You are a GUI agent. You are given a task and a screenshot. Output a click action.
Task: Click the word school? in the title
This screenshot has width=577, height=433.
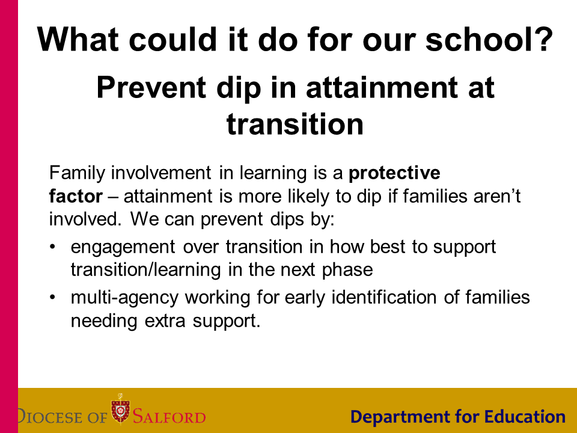pos(489,39)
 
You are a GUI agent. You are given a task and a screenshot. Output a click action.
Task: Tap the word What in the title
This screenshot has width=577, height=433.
pos(78,39)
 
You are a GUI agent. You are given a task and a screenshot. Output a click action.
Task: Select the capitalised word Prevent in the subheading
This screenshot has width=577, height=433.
pos(151,87)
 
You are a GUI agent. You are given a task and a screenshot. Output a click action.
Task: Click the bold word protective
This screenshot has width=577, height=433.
pos(394,173)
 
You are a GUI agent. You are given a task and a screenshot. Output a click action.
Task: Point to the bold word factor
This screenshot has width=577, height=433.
pos(76,196)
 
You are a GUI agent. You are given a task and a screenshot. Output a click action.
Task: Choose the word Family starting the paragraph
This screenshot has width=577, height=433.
pos(78,173)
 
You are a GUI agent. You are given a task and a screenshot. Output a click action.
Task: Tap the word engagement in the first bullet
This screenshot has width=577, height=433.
pos(123,247)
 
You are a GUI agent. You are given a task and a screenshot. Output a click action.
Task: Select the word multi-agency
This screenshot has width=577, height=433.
pos(125,298)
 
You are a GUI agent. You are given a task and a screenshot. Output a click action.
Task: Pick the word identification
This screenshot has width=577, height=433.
pos(384,297)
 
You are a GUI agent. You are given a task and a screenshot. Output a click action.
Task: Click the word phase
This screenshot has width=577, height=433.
pos(347,270)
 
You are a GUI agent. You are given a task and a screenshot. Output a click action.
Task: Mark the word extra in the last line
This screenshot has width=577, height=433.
pos(165,321)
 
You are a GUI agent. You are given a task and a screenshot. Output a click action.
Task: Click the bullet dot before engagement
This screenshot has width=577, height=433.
pos(53,247)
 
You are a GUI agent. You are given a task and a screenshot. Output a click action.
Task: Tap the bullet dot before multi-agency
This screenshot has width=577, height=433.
pos(53,296)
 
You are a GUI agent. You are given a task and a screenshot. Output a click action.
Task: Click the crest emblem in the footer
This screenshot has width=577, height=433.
pos(120,408)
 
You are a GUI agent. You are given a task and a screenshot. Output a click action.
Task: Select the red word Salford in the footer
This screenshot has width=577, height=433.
pos(169,416)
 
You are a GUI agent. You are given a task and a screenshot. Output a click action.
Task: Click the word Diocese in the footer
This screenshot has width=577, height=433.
pos(50,416)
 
